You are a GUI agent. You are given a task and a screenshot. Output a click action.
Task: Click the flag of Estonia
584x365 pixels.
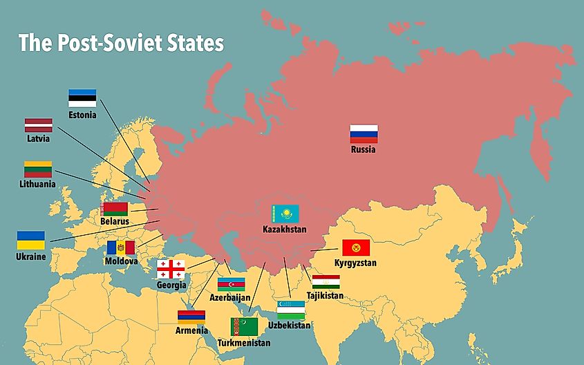[x=82, y=97]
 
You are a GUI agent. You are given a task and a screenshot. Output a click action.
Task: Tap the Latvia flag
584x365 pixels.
[x=39, y=125]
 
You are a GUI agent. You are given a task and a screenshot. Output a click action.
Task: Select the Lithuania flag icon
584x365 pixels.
[x=38, y=169]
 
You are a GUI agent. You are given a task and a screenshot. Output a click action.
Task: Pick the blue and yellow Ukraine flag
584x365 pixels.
[x=31, y=241]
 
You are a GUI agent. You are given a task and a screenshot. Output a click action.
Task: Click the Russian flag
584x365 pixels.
[x=363, y=133]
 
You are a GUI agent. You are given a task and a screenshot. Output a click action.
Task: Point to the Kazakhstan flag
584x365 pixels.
[x=285, y=214]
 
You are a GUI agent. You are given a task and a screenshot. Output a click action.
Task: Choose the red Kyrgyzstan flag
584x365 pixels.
[x=356, y=247]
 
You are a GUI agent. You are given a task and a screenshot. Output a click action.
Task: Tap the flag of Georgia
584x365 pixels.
[x=170, y=270]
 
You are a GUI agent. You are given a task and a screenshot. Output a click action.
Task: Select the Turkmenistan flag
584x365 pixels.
[x=244, y=327]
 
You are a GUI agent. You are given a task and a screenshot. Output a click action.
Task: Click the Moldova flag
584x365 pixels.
[x=121, y=247]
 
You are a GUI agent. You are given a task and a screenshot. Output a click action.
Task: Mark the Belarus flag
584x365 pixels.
[x=115, y=208]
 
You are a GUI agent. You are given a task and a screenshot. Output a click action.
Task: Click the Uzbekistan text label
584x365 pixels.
[x=289, y=325]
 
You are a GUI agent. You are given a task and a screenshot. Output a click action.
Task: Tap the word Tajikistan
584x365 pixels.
[x=325, y=296]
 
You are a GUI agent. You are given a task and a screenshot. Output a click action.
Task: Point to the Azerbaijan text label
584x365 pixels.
[x=230, y=297]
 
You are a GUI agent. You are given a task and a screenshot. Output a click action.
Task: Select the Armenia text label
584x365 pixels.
[x=191, y=330]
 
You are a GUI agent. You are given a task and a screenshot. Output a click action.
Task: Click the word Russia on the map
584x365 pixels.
[x=363, y=149]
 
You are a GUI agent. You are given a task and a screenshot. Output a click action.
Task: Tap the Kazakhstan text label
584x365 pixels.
[x=284, y=229]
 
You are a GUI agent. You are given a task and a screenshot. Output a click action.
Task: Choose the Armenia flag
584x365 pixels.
[x=191, y=317]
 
